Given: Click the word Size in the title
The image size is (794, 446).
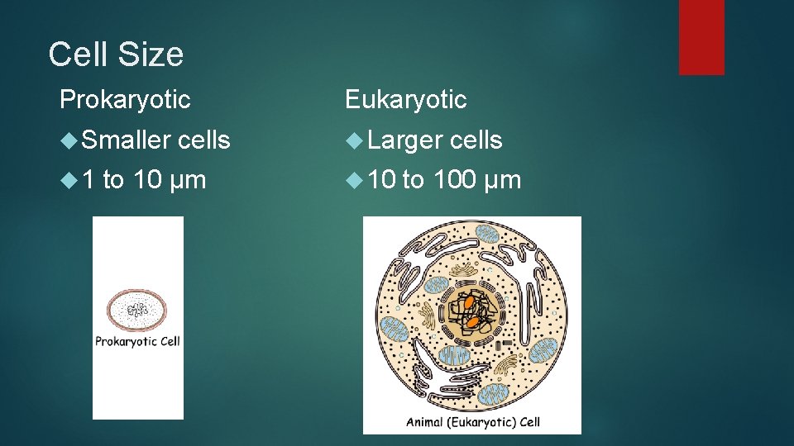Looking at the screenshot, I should point(152,55).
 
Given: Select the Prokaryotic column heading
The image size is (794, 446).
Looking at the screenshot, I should point(125,100).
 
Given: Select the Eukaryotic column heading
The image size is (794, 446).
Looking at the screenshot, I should point(405,100).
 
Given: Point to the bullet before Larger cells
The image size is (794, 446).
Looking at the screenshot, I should point(354,141).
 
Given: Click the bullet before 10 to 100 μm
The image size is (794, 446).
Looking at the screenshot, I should point(354,180).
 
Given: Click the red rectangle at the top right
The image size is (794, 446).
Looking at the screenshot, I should point(701,37).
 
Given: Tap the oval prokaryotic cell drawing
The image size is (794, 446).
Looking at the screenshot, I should point(137,310).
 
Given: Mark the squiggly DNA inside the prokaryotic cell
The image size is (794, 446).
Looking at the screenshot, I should point(137,310).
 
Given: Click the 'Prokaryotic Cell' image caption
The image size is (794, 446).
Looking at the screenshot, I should point(137,340).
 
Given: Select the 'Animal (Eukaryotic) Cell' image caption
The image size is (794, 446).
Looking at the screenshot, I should point(472,421).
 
